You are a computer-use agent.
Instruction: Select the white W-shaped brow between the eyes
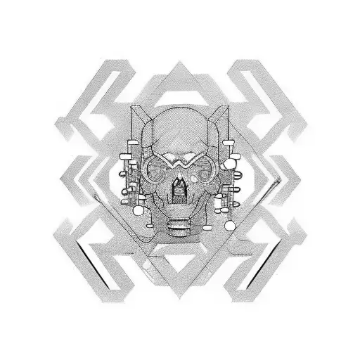click(180, 161)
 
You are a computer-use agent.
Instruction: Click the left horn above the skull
click(140, 112)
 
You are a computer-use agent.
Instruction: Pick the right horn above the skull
click(220, 112)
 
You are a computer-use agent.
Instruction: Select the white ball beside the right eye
click(232, 172)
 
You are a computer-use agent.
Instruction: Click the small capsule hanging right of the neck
click(205, 226)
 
